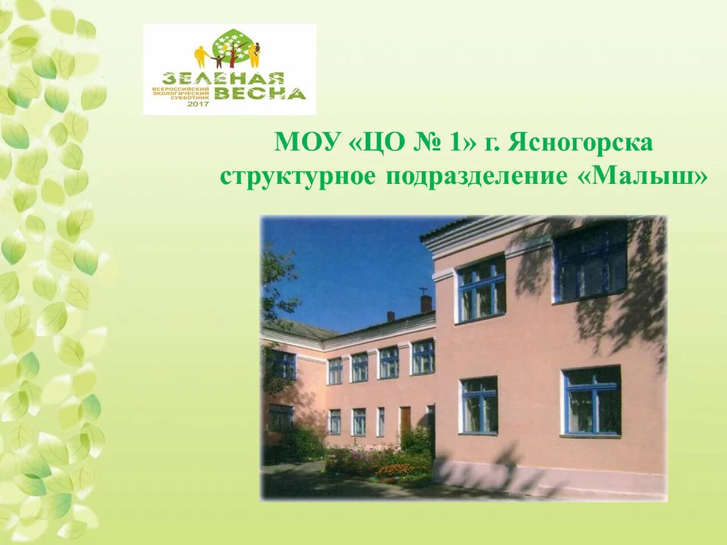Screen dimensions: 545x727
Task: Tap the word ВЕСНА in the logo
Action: [x=261, y=93]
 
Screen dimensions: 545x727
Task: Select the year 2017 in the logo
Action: [x=198, y=104]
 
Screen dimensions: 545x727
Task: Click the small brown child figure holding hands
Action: [x=218, y=61]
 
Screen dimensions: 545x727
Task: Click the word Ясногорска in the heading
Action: [x=580, y=142]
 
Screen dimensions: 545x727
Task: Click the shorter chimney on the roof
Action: [x=391, y=316]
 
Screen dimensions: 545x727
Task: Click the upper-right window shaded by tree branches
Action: [x=591, y=263]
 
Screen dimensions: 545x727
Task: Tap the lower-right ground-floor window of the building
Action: [x=591, y=401]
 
